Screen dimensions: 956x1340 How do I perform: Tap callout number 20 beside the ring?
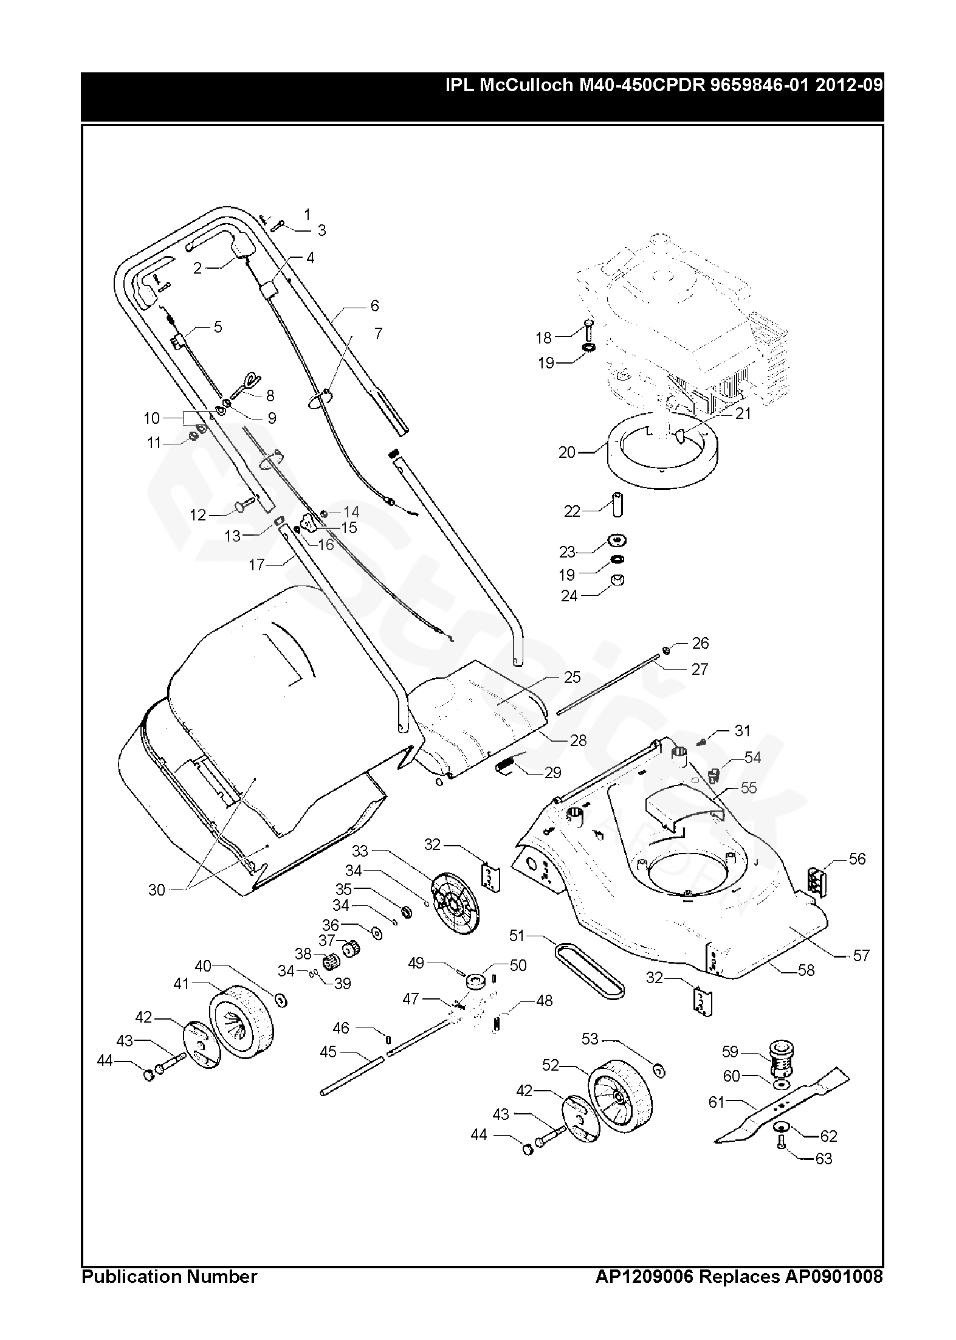pyautogui.click(x=567, y=452)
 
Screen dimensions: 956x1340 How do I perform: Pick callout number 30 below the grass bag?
pyautogui.click(x=157, y=889)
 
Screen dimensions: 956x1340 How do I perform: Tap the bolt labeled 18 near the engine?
pyautogui.click(x=588, y=331)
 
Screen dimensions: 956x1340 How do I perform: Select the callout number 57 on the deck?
pyautogui.click(x=861, y=955)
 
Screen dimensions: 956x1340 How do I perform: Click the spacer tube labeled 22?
pyautogui.click(x=616, y=505)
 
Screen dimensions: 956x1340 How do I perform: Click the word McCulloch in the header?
pyautogui.click(x=526, y=85)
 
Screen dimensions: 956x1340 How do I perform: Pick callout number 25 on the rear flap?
pyautogui.click(x=572, y=677)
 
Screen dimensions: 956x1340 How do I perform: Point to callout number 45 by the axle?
pyautogui.click(x=328, y=1051)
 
